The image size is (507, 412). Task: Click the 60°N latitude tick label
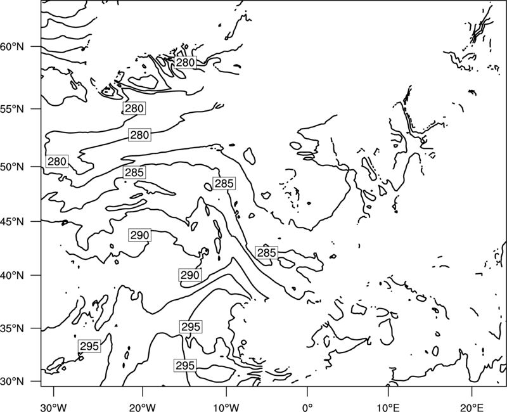click(x=12, y=47)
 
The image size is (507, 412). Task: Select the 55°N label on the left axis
click(x=12, y=109)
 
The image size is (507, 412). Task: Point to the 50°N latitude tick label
click(x=12, y=167)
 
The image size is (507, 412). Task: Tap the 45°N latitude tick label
click(x=12, y=221)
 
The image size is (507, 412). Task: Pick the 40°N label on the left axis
click(x=12, y=276)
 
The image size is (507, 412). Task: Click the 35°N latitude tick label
click(x=12, y=328)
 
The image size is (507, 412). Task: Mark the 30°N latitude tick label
click(x=12, y=382)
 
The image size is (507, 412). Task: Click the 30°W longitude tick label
click(x=54, y=408)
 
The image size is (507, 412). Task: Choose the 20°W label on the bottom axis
click(x=142, y=408)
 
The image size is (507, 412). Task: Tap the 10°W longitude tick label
click(x=226, y=408)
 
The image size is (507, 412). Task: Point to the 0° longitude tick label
click(x=307, y=408)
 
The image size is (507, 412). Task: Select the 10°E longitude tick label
click(x=388, y=408)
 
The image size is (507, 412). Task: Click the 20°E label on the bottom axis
click(x=472, y=408)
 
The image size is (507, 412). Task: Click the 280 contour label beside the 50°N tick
click(x=57, y=161)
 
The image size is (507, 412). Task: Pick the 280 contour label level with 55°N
click(x=134, y=108)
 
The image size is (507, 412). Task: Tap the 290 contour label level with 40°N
click(x=190, y=275)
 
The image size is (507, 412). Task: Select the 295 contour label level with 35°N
click(x=191, y=326)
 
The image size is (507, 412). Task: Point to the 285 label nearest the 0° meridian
click(x=266, y=252)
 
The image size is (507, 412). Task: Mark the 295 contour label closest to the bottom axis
click(x=185, y=366)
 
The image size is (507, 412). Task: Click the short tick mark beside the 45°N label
click(x=36, y=221)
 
